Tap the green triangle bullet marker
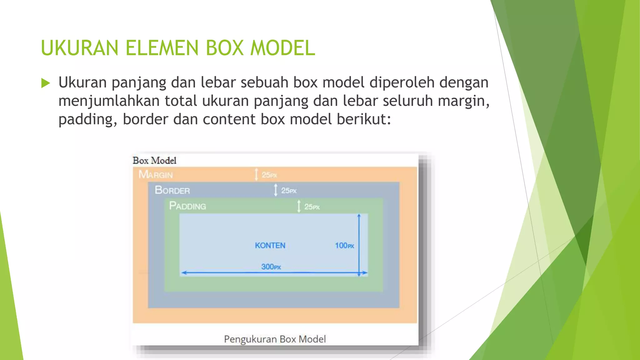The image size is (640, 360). (46, 83)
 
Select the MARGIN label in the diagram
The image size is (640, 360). (156, 174)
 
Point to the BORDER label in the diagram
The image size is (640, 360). (172, 190)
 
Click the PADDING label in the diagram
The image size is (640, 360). (187, 206)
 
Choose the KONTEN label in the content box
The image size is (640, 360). (270, 246)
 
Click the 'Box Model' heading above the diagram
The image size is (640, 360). (154, 161)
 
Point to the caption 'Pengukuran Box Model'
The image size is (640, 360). (275, 339)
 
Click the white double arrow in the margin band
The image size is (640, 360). (256, 174)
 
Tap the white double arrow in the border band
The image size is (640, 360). (276, 190)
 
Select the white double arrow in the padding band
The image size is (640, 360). (299, 206)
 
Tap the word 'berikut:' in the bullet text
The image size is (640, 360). (364, 119)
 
